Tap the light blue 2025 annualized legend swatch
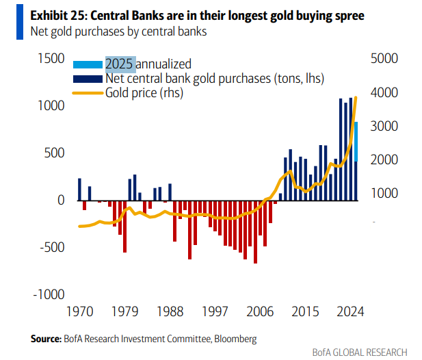88,64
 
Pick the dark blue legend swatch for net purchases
88,78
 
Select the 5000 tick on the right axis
383,60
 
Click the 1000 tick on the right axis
383,194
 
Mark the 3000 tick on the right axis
383,127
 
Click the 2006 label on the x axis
261,311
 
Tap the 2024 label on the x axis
350,311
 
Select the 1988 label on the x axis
170,311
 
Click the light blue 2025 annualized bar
356,141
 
